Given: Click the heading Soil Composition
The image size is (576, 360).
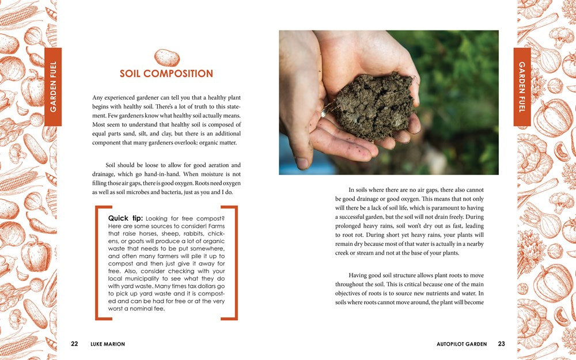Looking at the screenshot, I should [x=166, y=74].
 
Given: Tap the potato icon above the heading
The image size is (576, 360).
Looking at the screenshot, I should [x=166, y=57].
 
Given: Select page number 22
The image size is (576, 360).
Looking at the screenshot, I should [x=74, y=344].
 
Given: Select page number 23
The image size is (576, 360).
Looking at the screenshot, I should [x=501, y=344].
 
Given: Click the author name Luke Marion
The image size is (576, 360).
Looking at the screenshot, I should [x=108, y=344].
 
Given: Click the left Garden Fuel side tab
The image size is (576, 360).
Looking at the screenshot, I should [x=53, y=86].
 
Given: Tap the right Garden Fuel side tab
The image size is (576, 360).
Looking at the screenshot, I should [x=522, y=86].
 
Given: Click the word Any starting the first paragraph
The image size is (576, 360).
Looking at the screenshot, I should [x=98, y=98].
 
